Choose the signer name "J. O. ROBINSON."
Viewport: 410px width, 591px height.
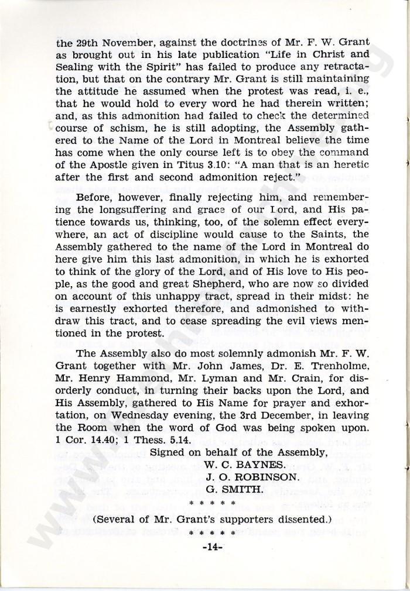(250, 477)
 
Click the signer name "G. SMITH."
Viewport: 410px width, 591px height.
(230, 490)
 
